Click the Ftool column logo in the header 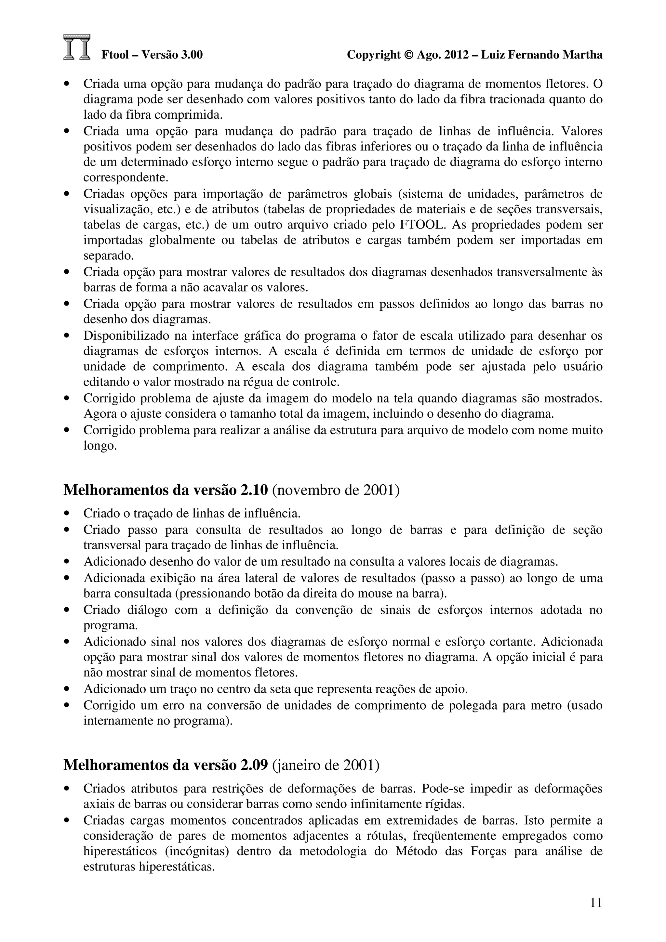tap(77, 47)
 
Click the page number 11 tap(596, 903)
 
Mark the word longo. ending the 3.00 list tap(100, 446)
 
